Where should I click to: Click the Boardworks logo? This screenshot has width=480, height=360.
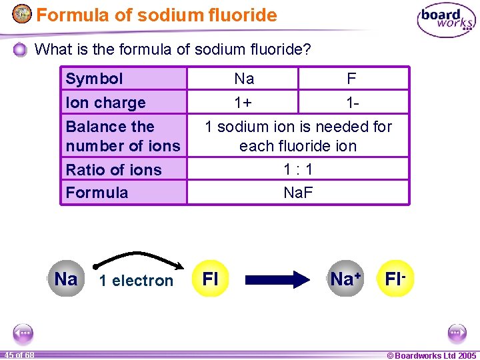point(446,21)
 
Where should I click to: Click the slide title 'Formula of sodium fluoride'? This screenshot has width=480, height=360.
point(156,15)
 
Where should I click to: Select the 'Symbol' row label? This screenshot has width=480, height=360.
point(95,79)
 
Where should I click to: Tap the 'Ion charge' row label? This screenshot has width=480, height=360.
point(105,103)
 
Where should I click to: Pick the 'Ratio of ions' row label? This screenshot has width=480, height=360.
point(113,169)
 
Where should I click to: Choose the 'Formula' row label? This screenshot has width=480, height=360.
point(97,193)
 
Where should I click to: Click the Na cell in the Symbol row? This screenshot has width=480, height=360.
point(244,79)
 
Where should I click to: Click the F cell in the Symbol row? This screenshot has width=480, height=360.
point(351,79)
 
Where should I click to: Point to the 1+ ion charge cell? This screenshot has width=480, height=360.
point(244,103)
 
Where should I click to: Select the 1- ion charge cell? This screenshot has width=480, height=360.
point(351,103)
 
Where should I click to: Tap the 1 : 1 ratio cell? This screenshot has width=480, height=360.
point(298,169)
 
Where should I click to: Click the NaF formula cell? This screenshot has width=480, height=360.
point(298,193)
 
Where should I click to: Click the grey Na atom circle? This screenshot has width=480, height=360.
point(66,279)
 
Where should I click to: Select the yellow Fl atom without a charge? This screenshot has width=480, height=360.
point(210,279)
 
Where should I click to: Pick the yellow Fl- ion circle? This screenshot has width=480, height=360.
point(395,279)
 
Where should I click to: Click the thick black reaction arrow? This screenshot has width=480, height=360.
point(275,279)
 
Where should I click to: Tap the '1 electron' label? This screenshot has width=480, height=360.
point(136,281)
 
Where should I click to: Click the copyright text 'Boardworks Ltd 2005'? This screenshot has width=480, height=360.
point(432,355)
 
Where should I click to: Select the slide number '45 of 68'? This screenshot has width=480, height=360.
point(18,355)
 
